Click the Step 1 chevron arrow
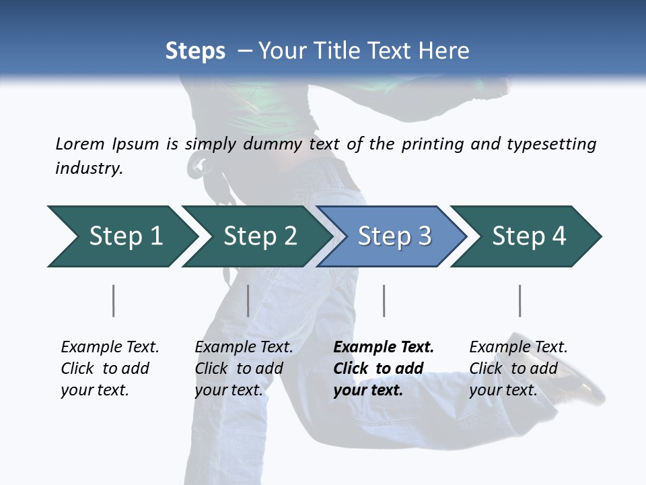pyautogui.click(x=121, y=236)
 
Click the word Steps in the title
pyautogui.click(x=195, y=51)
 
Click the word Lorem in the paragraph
pyautogui.click(x=80, y=143)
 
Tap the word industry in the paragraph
pyautogui.click(x=89, y=168)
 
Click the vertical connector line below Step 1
pyautogui.click(x=114, y=300)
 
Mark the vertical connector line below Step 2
pyautogui.click(x=248, y=300)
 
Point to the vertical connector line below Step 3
pyautogui.click(x=384, y=300)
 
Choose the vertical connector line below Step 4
pyautogui.click(x=519, y=300)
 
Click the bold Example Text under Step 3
pyautogui.click(x=384, y=347)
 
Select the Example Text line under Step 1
pyautogui.click(x=110, y=347)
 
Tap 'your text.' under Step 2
pyautogui.click(x=229, y=390)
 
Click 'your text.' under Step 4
pyautogui.click(x=503, y=390)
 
